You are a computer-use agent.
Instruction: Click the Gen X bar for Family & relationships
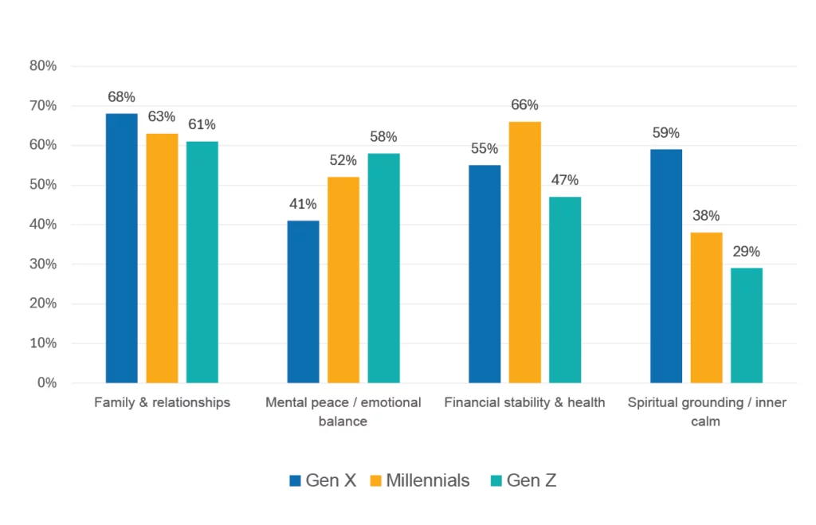pyautogui.click(x=121, y=248)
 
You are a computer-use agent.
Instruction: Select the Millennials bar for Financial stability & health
pyautogui.click(x=524, y=252)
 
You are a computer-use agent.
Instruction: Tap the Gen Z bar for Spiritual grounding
pyautogui.click(x=746, y=325)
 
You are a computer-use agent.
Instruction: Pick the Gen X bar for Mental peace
pyautogui.click(x=303, y=301)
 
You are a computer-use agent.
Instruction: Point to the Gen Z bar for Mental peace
pyautogui.click(x=383, y=268)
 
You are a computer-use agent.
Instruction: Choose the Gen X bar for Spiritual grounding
pyautogui.click(x=665, y=265)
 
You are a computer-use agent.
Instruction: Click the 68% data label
pyautogui.click(x=121, y=97)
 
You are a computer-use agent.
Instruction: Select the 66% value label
pyautogui.click(x=524, y=105)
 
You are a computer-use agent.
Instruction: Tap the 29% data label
pyautogui.click(x=746, y=252)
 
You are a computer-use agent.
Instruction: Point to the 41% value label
pyautogui.click(x=303, y=204)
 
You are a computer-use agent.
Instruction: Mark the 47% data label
pyautogui.click(x=564, y=180)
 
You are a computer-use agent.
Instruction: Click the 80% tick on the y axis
pyautogui.click(x=43, y=66)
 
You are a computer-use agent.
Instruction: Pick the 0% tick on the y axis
pyautogui.click(x=46, y=383)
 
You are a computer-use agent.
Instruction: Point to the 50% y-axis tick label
pyautogui.click(x=43, y=185)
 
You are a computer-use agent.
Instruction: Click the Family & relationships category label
pyautogui.click(x=162, y=402)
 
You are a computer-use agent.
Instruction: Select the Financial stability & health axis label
pyautogui.click(x=524, y=402)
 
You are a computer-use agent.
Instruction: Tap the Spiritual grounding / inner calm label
pyautogui.click(x=706, y=411)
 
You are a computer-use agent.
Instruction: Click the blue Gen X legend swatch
pyautogui.click(x=295, y=480)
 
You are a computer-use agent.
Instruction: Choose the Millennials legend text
pyautogui.click(x=427, y=480)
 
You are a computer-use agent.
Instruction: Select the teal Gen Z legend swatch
pyautogui.click(x=496, y=480)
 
